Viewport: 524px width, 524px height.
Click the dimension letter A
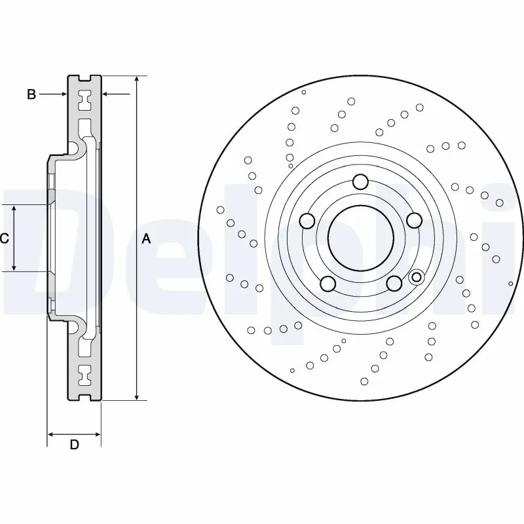pos(146,239)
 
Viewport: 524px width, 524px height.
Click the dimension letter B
pos(31,95)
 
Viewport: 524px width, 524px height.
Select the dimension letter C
pos(4,239)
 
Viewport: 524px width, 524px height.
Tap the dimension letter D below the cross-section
pos(74,445)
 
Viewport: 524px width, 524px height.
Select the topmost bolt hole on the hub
pos(360,181)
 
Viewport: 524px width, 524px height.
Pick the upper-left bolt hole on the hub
pos(307,221)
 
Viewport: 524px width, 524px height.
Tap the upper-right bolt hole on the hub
pos(413,221)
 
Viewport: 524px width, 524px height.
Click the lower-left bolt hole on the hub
pos(327,283)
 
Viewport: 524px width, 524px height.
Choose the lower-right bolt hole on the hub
pos(393,283)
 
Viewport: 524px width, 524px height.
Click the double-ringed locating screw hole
pos(415,277)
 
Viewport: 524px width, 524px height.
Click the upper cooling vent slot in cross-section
pos(84,101)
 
